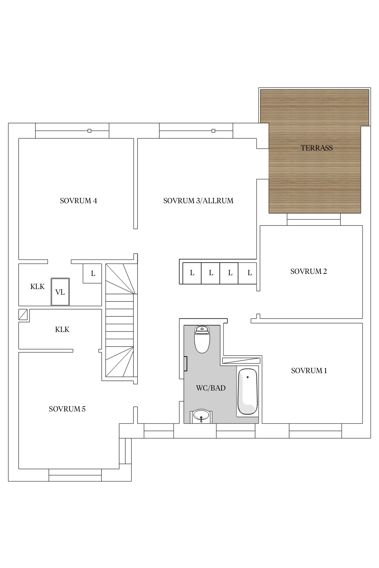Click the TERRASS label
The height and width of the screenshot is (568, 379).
(x=317, y=148)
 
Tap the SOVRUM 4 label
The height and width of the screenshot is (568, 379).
(x=79, y=201)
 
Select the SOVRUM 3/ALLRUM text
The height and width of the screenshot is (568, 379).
(x=198, y=201)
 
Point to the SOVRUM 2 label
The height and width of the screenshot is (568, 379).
(x=309, y=272)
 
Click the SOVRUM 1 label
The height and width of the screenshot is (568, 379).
(x=309, y=371)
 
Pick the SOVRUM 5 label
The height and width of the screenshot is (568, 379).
(x=67, y=409)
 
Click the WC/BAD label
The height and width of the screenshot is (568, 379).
(x=211, y=388)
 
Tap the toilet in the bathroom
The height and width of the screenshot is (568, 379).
(x=202, y=339)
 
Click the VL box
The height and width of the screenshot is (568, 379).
(x=60, y=292)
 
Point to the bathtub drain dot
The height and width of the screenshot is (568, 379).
(x=248, y=377)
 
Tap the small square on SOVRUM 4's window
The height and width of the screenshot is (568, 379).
(x=89, y=131)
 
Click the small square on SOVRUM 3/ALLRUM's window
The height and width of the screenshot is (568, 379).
(x=213, y=131)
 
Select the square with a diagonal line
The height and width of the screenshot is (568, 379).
(x=23, y=315)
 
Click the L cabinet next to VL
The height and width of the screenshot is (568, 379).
(x=92, y=273)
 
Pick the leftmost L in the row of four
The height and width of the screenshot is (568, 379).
(x=192, y=273)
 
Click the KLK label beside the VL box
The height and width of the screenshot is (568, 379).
(x=37, y=287)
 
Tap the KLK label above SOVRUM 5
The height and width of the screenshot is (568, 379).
(x=62, y=330)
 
